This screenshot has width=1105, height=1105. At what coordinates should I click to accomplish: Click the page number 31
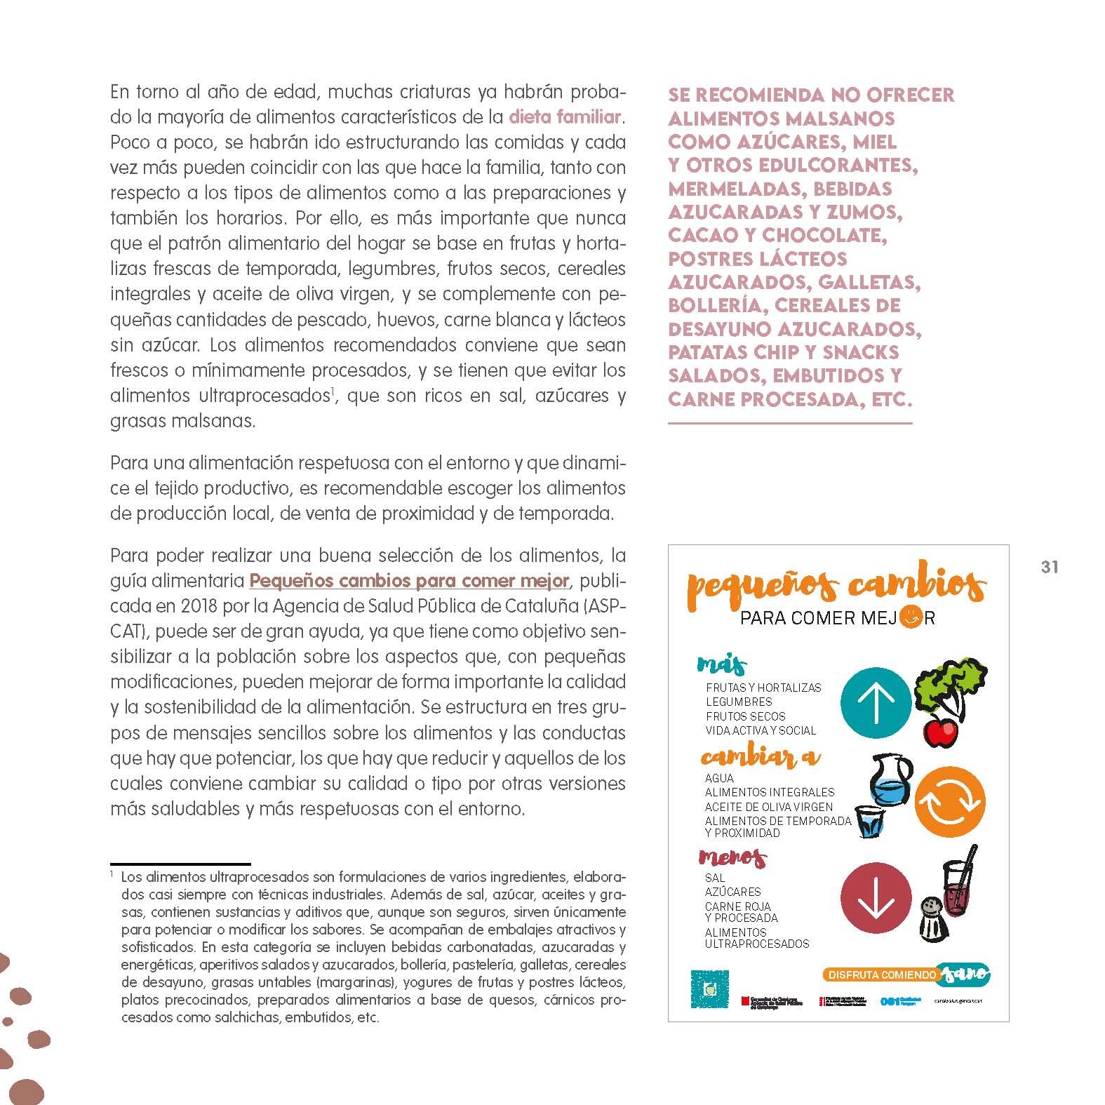(1049, 567)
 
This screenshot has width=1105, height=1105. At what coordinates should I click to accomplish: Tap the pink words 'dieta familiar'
(565, 116)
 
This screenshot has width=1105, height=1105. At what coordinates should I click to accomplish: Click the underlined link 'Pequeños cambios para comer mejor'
(410, 581)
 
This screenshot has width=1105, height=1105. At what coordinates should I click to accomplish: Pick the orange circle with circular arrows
(950, 801)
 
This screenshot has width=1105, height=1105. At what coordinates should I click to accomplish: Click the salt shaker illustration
(933, 920)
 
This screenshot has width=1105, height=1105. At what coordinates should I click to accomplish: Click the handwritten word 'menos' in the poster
(732, 857)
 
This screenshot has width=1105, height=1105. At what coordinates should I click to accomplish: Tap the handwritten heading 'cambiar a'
(760, 757)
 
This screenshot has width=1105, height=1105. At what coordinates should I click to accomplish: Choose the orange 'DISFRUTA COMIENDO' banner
(881, 975)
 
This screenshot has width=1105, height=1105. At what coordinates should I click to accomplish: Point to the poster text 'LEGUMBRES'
(739, 702)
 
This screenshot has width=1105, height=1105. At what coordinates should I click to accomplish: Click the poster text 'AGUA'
(719, 778)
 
